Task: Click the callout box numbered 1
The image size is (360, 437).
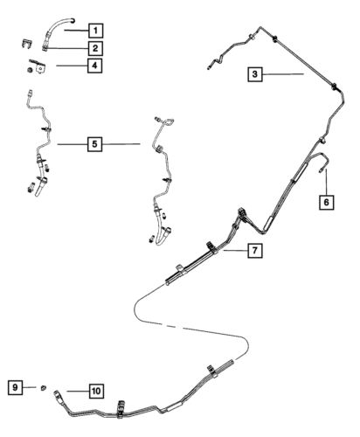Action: [96, 31]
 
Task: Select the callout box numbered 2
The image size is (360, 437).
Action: [95, 48]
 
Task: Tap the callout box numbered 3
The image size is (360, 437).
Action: [255, 74]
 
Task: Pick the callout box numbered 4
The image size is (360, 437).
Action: [94, 66]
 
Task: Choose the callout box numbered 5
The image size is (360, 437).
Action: [94, 144]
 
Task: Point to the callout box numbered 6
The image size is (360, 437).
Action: [326, 202]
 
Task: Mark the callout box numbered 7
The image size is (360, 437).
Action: [255, 250]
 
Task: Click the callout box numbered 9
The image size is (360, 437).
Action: [15, 387]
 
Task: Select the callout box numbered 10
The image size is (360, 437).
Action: [96, 391]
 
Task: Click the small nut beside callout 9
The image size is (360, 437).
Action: [43, 388]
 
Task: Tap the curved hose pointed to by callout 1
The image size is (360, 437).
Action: [59, 28]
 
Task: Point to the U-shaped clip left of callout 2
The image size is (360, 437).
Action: [27, 44]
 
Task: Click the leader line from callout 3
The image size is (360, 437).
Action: [283, 74]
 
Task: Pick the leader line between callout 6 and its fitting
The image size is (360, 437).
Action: [326, 182]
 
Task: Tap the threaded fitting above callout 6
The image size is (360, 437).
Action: [321, 170]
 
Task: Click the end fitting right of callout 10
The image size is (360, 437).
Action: [59, 396]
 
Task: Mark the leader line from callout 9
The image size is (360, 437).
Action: [29, 387]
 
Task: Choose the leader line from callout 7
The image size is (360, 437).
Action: [236, 250]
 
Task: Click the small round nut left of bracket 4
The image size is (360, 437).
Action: [30, 70]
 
